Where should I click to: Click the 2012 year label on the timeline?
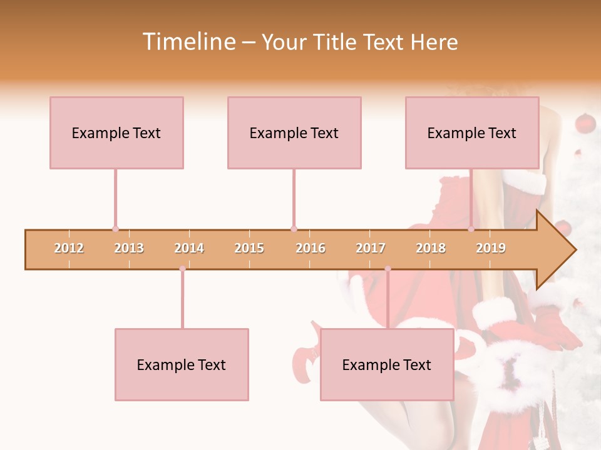[x=69, y=248]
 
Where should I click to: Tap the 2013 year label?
[x=129, y=248]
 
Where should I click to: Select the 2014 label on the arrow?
[x=189, y=248]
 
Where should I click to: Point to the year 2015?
[x=249, y=248]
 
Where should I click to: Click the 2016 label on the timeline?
[x=311, y=248]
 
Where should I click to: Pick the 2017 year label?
[x=371, y=248]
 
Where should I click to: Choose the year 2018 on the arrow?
[x=431, y=248]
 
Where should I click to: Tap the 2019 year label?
[x=491, y=248]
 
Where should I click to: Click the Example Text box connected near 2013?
[x=116, y=132]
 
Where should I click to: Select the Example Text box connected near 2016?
[x=294, y=132]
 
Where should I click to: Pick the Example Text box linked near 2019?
[x=472, y=132]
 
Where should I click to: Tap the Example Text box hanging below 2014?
[x=182, y=364]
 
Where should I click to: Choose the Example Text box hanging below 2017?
[x=387, y=364]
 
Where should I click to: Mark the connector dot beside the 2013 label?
[x=115, y=229]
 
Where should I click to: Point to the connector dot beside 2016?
[x=294, y=229]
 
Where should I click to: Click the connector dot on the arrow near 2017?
[x=388, y=269]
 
